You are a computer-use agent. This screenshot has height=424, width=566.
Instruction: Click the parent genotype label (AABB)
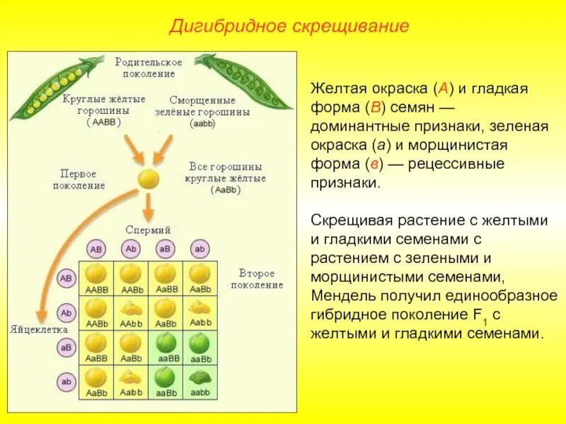tap(104, 122)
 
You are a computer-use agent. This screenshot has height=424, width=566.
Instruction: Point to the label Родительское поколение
tap(149, 67)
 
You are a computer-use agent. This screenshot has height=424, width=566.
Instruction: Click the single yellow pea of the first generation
tap(148, 177)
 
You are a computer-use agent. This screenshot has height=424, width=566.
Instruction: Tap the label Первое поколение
tap(79, 179)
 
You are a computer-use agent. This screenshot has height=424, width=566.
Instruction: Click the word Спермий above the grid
tap(148, 230)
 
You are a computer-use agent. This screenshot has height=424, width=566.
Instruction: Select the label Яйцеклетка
tap(40, 329)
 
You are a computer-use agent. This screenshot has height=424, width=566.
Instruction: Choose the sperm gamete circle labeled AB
tap(97, 249)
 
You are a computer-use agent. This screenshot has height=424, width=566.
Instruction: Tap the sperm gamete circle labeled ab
tap(200, 249)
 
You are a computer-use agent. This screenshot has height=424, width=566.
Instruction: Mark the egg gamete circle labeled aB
tap(66, 348)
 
